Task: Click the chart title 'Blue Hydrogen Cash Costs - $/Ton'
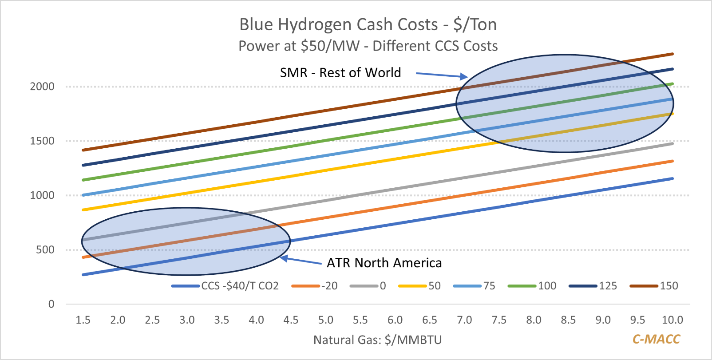coord(368,24)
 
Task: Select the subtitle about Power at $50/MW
coord(368,46)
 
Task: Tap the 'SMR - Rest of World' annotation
coord(340,72)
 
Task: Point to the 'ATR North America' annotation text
coord(384,263)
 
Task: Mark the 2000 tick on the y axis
coord(42,87)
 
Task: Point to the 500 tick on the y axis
coord(45,250)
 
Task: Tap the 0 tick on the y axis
coord(51,304)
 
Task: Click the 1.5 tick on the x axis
coord(83,320)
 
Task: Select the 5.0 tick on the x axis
coord(326,320)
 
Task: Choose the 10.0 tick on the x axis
coord(672,320)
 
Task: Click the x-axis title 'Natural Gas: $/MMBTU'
coord(378,340)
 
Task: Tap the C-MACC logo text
coord(656,339)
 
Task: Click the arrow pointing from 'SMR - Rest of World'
coord(442,75)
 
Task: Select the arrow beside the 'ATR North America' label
coord(302,261)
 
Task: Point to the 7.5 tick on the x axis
coord(499,320)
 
